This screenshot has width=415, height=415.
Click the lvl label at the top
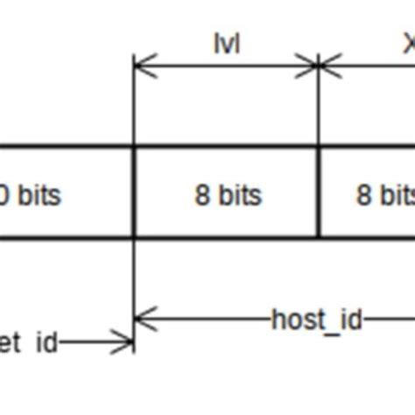point(227,45)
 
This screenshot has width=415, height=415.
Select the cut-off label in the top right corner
point(409,44)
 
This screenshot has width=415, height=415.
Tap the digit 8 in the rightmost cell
point(363,194)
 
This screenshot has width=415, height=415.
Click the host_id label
point(316,320)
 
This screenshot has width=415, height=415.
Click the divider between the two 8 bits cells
point(319,192)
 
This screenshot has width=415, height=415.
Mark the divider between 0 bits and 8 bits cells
point(134,192)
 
